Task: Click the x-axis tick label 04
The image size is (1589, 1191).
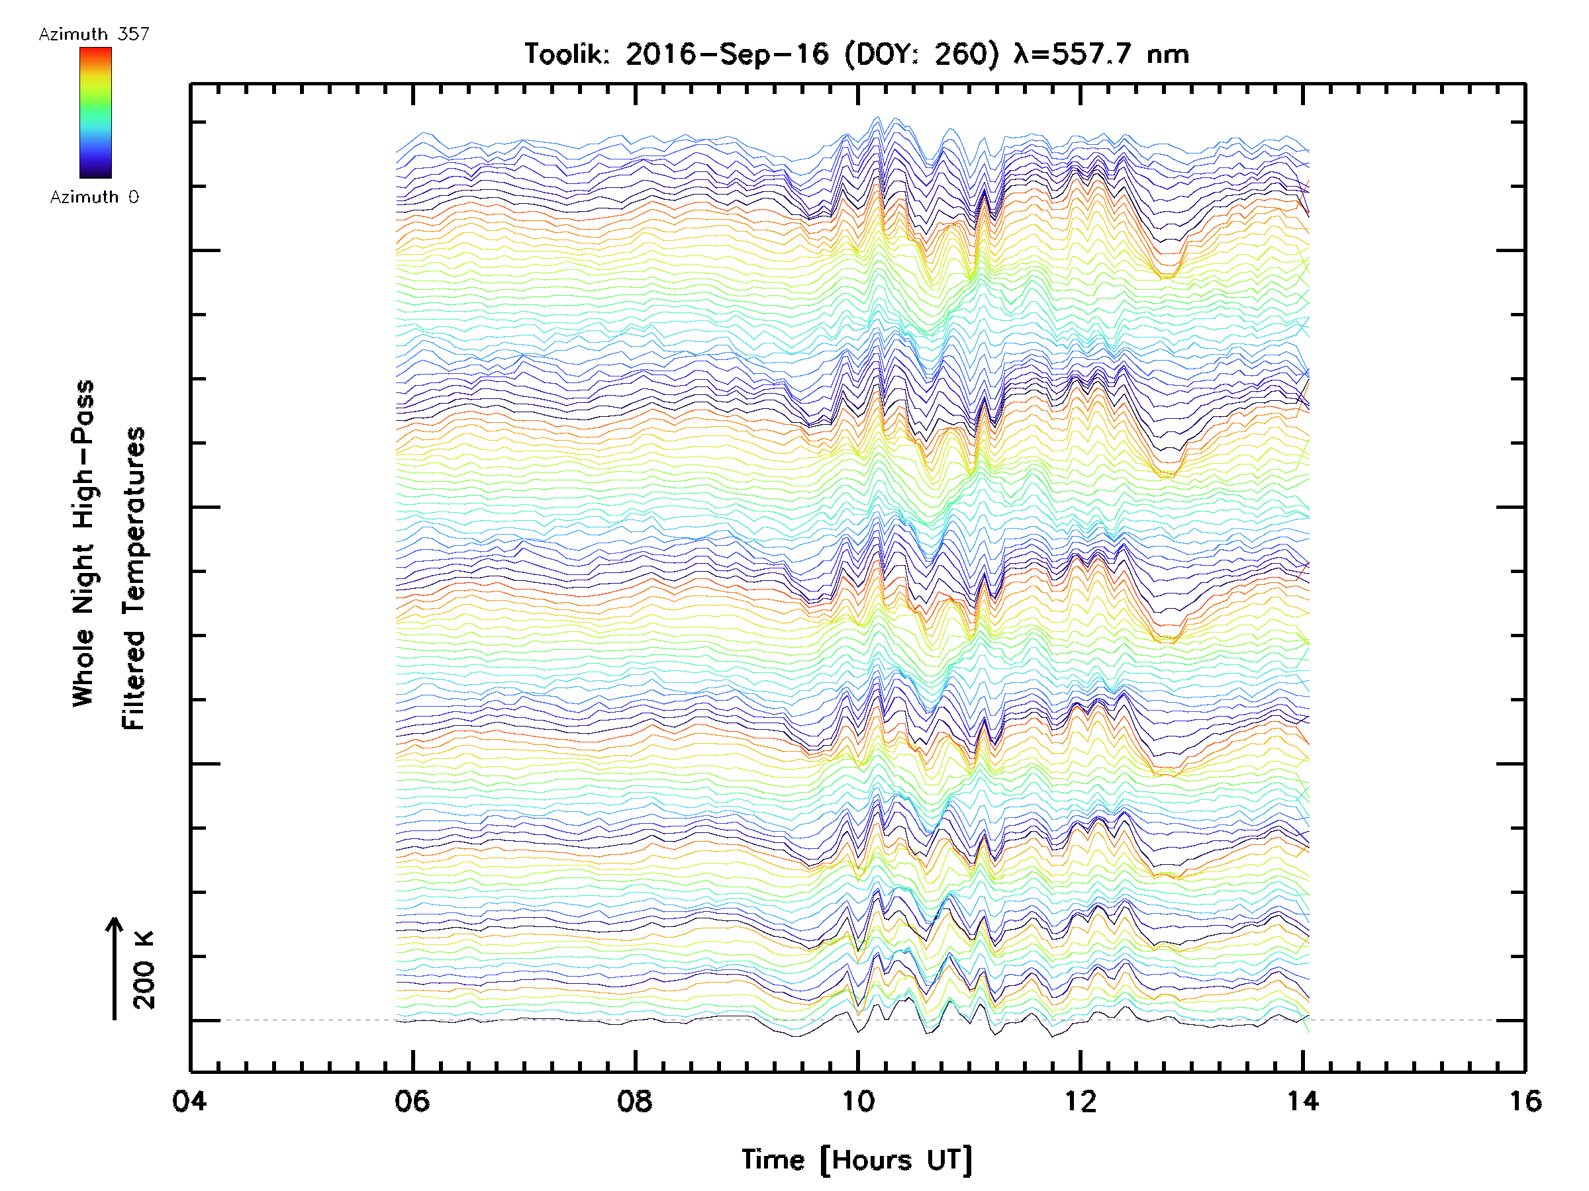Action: (189, 1100)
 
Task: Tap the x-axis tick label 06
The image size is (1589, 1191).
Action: (412, 1100)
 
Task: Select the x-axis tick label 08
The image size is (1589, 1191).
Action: (634, 1100)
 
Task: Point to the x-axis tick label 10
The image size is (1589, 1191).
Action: (857, 1100)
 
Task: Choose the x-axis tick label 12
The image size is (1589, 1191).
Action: (1080, 1100)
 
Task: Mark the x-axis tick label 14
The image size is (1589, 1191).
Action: (1302, 1100)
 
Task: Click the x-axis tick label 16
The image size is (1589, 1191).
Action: (1524, 1100)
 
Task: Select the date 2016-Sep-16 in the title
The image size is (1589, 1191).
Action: (726, 54)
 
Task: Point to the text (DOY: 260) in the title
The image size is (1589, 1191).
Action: (921, 54)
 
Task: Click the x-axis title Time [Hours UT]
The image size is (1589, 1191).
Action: (857, 1160)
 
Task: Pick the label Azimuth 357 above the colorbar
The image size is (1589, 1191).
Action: (94, 34)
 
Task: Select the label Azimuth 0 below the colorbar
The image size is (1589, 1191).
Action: (94, 197)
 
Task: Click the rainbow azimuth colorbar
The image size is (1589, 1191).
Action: (95, 112)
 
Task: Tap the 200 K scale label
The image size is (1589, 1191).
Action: (144, 970)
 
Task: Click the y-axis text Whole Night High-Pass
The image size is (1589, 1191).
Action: (83, 543)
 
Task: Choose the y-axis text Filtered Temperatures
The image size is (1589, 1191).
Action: (134, 579)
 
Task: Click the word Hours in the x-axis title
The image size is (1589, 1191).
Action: (872, 1160)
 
